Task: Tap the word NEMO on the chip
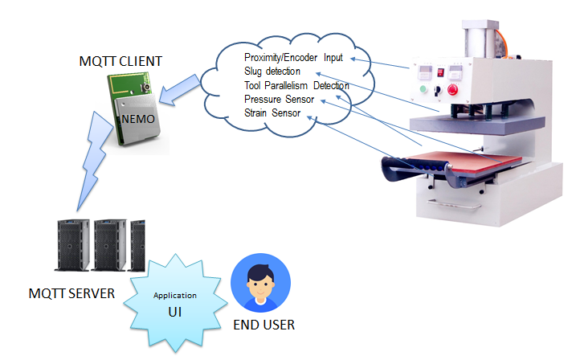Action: click(141, 118)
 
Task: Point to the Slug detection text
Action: click(272, 72)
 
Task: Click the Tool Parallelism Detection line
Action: click(296, 85)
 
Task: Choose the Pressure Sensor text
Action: click(279, 99)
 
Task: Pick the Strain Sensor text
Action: click(272, 113)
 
